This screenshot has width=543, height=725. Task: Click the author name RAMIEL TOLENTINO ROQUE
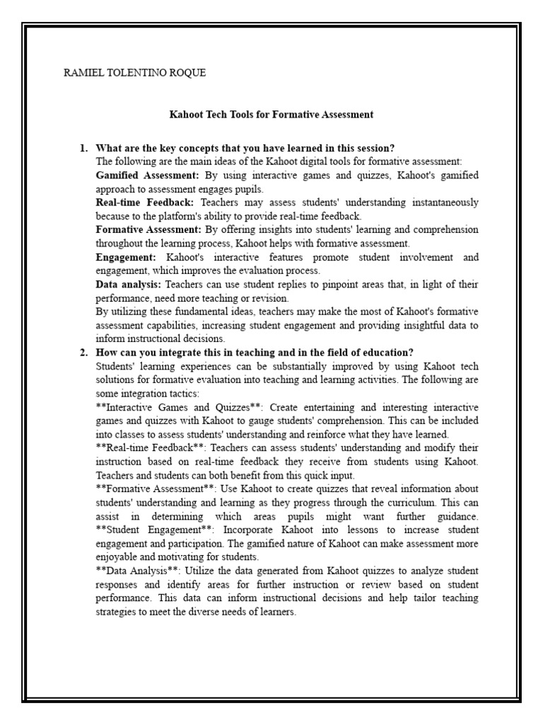coord(134,73)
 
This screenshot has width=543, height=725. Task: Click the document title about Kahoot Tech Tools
coord(271,114)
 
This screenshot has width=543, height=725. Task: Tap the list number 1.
coord(83,148)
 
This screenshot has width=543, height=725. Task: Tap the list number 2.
coord(83,353)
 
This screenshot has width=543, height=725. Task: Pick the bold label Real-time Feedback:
coord(144,202)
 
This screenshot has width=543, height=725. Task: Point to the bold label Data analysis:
coord(128,284)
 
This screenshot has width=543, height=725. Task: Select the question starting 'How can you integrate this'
coord(255,353)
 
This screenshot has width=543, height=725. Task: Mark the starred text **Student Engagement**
coord(152,530)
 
